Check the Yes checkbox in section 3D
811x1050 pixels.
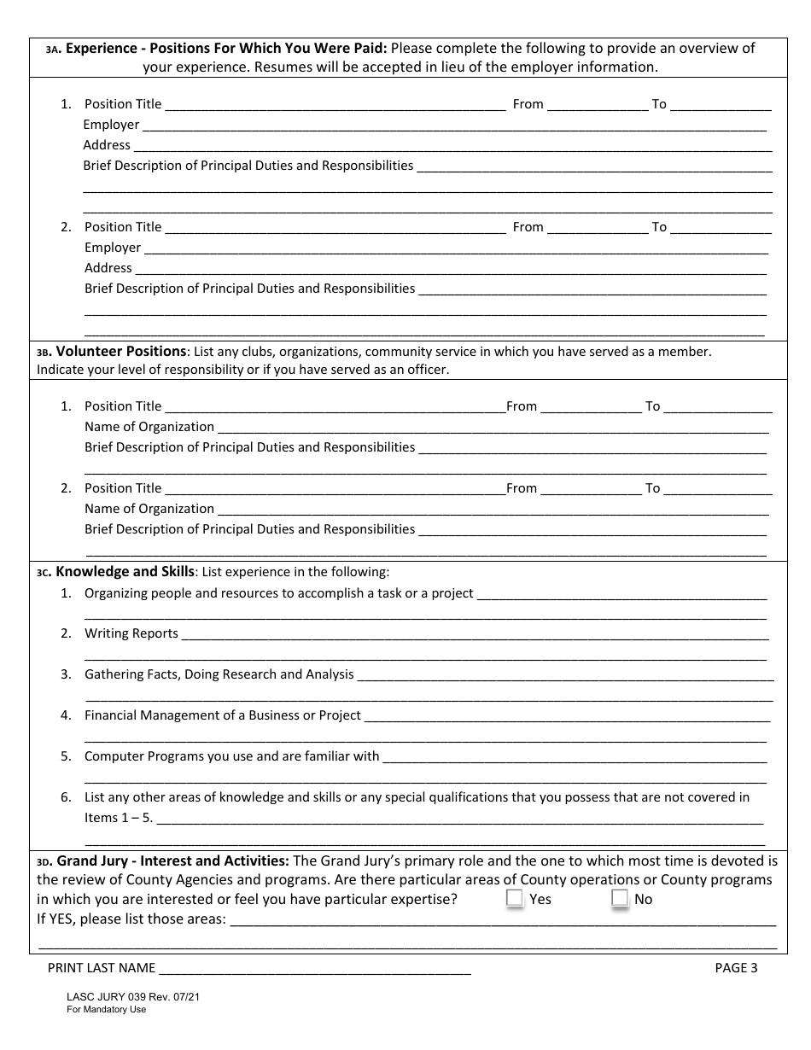pos(514,898)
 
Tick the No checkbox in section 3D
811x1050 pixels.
pos(620,898)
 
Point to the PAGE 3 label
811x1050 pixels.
pos(735,967)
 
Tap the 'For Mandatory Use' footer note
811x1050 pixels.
pos(107,1009)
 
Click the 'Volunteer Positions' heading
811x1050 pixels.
pos(120,351)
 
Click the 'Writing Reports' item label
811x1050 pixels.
pos(131,633)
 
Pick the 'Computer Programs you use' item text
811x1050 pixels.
pos(231,756)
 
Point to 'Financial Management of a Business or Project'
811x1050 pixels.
pos(222,715)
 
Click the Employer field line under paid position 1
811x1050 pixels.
pos(453,126)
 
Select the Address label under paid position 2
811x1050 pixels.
pos(108,268)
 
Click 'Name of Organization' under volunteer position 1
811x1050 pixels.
pos(149,427)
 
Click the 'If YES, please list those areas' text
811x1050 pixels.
pos(131,919)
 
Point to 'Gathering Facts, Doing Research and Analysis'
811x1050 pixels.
pos(219,674)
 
